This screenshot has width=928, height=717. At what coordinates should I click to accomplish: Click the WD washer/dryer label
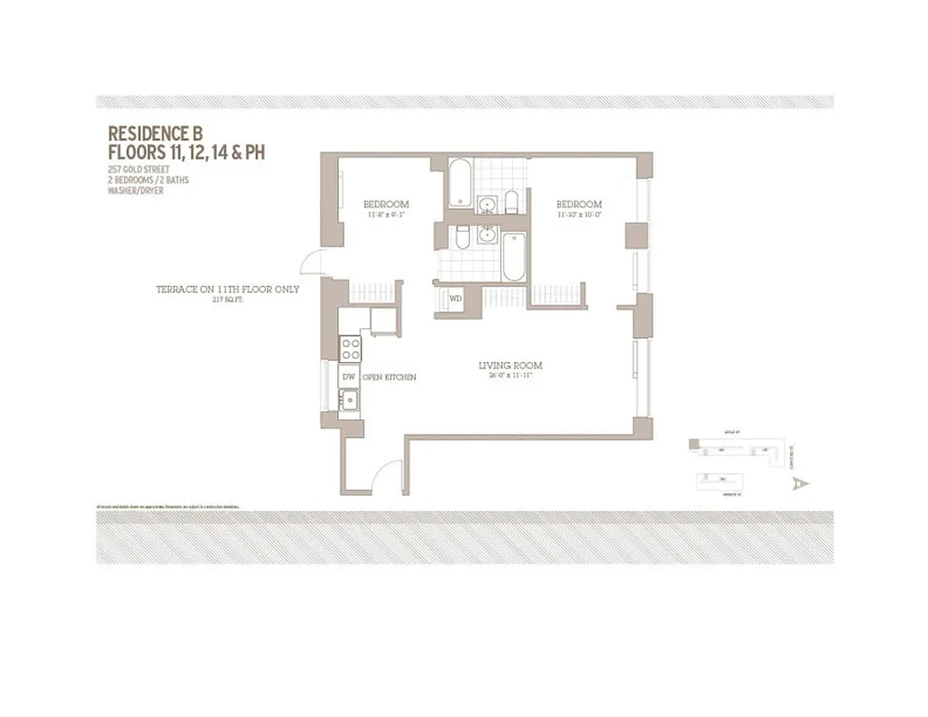(455, 298)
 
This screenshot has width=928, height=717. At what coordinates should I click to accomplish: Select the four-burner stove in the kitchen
(349, 348)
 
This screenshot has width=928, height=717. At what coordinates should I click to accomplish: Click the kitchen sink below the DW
(349, 401)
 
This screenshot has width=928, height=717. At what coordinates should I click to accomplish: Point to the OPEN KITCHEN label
(389, 377)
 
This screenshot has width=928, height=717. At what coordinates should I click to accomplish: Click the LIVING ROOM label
(509, 366)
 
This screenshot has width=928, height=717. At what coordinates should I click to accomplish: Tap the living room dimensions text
(509, 376)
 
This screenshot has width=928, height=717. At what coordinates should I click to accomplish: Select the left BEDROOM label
(386, 203)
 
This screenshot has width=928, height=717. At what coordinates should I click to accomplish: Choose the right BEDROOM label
(578, 204)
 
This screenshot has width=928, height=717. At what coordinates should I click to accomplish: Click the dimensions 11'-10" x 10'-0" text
(578, 215)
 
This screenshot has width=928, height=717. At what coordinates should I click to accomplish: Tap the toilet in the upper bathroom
(510, 202)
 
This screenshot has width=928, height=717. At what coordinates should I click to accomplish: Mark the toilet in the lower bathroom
(460, 237)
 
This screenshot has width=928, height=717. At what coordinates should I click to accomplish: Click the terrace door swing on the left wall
(312, 261)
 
